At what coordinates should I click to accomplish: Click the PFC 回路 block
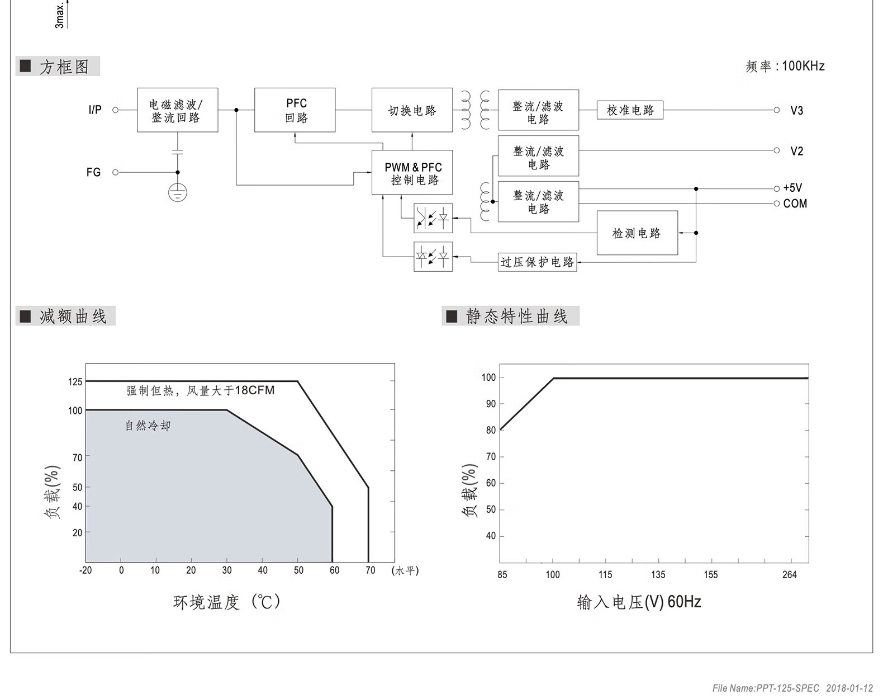pyautogui.click(x=295, y=110)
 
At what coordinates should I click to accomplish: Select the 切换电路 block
pyautogui.click(x=412, y=110)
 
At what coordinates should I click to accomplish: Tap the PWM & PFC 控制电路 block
pyautogui.click(x=412, y=173)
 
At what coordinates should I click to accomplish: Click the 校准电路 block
pyautogui.click(x=630, y=110)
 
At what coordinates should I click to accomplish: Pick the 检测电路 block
pyautogui.click(x=637, y=233)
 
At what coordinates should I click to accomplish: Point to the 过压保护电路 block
pyautogui.click(x=537, y=262)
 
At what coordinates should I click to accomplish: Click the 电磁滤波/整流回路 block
pyautogui.click(x=177, y=110)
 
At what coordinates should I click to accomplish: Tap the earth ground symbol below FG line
pyautogui.click(x=178, y=193)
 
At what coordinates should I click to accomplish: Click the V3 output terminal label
pyautogui.click(x=796, y=111)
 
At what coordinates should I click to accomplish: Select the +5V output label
pyautogui.click(x=792, y=188)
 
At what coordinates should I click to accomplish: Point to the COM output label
pyautogui.click(x=795, y=204)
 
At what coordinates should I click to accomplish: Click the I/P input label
pyautogui.click(x=95, y=110)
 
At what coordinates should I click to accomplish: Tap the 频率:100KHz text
pyautogui.click(x=785, y=66)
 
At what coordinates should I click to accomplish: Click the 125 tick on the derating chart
pyautogui.click(x=75, y=382)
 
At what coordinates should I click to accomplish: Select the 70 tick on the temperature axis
pyautogui.click(x=370, y=570)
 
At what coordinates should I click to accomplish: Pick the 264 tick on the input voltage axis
pyautogui.click(x=789, y=575)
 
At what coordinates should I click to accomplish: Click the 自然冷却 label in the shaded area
pyautogui.click(x=148, y=426)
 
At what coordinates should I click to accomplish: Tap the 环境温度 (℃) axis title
pyautogui.click(x=227, y=602)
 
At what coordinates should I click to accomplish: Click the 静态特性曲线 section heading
pyautogui.click(x=516, y=317)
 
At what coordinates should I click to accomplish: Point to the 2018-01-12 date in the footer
pyautogui.click(x=849, y=688)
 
